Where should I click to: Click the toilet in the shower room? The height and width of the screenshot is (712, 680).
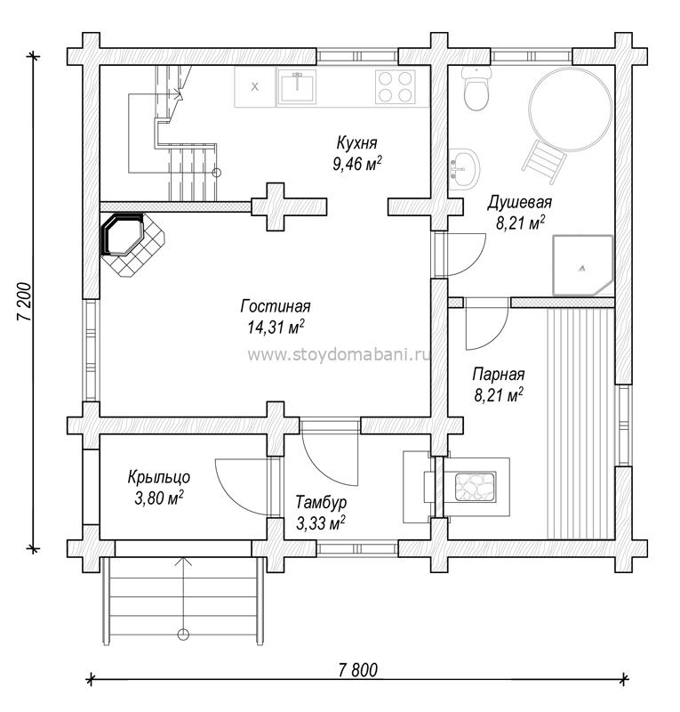(x=476, y=88)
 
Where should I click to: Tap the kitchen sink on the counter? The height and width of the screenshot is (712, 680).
(x=297, y=87)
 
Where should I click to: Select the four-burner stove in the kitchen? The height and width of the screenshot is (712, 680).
(x=396, y=86)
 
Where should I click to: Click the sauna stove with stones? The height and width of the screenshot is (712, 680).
(x=476, y=486)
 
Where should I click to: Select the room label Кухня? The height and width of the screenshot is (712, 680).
(x=356, y=143)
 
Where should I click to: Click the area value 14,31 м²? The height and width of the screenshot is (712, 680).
(x=276, y=327)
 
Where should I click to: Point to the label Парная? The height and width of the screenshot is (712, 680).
(x=499, y=375)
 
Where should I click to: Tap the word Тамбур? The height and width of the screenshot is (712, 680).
(x=321, y=502)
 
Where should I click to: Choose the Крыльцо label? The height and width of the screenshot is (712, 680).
(x=159, y=478)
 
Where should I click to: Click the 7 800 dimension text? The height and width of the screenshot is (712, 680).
(x=358, y=670)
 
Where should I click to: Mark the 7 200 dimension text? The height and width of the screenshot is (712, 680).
(x=25, y=302)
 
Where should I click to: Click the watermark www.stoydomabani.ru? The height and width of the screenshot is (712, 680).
(x=339, y=354)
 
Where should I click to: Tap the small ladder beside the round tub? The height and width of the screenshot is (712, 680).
(x=545, y=162)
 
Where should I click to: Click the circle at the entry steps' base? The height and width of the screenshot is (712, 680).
(x=183, y=634)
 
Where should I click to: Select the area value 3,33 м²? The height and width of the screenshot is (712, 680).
(x=320, y=523)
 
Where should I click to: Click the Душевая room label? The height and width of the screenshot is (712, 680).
(x=519, y=203)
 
